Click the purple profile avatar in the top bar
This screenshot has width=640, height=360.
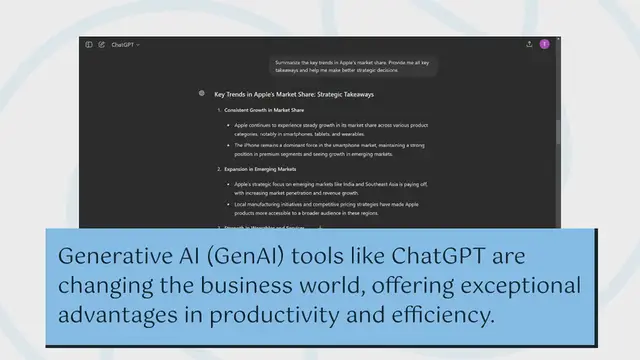pyautogui.click(x=544, y=44)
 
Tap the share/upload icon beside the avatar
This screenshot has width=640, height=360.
pyautogui.click(x=529, y=44)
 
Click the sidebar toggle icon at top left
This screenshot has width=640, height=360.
pyautogui.click(x=89, y=45)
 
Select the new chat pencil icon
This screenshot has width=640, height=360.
pyautogui.click(x=101, y=45)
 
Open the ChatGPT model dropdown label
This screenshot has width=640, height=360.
pyautogui.click(x=125, y=45)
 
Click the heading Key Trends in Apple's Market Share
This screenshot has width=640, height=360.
pyautogui.click(x=293, y=94)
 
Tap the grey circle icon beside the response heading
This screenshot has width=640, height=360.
pyautogui.click(x=202, y=93)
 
